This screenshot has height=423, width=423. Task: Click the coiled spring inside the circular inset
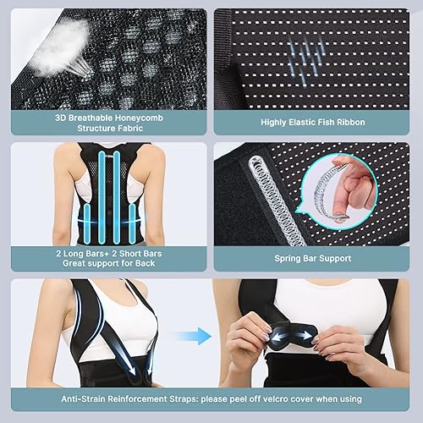(x=338, y=190)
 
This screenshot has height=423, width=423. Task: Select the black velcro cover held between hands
(x=292, y=332)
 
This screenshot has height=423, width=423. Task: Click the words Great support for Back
(x=108, y=264)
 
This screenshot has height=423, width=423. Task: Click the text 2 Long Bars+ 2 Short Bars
(x=108, y=252)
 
